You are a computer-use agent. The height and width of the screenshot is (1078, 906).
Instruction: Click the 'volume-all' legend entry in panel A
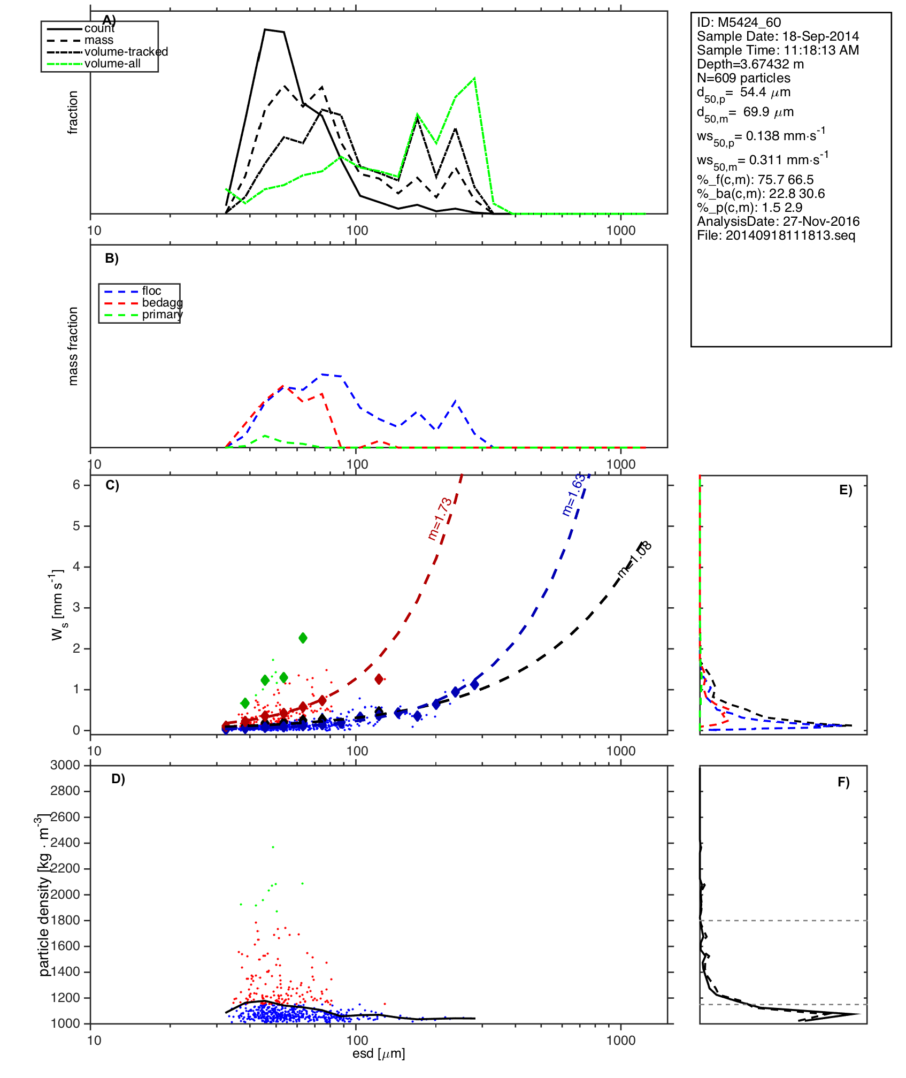point(112,64)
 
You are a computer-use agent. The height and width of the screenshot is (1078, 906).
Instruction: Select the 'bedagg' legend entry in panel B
point(162,303)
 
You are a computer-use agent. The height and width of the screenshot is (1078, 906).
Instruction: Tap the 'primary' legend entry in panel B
point(162,315)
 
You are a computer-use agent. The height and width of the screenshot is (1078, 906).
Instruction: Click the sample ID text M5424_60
point(749,22)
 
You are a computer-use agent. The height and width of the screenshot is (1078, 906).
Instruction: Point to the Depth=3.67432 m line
point(750,64)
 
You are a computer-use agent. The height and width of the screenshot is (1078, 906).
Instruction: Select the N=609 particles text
point(743,78)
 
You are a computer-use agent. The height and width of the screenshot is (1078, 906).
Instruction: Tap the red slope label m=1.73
point(440,518)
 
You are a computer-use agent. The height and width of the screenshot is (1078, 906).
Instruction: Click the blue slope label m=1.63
point(573,495)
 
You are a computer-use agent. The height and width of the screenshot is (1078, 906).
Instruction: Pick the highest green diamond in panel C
point(303,638)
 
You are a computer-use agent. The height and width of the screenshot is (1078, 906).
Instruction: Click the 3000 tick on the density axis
point(65,765)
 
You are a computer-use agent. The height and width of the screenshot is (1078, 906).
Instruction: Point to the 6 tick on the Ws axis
point(76,485)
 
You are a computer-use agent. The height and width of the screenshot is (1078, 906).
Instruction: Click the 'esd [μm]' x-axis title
point(379,1053)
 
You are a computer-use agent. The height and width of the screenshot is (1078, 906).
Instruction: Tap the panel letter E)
point(846,490)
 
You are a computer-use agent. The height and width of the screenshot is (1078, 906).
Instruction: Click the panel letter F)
point(843,782)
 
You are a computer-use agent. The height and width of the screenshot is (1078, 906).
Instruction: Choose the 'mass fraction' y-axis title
point(73,346)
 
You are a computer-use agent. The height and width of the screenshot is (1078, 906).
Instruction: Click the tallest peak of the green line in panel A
point(474,79)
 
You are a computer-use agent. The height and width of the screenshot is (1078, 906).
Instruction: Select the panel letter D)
point(118,779)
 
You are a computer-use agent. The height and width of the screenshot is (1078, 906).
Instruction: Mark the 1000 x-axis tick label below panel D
point(620,1040)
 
